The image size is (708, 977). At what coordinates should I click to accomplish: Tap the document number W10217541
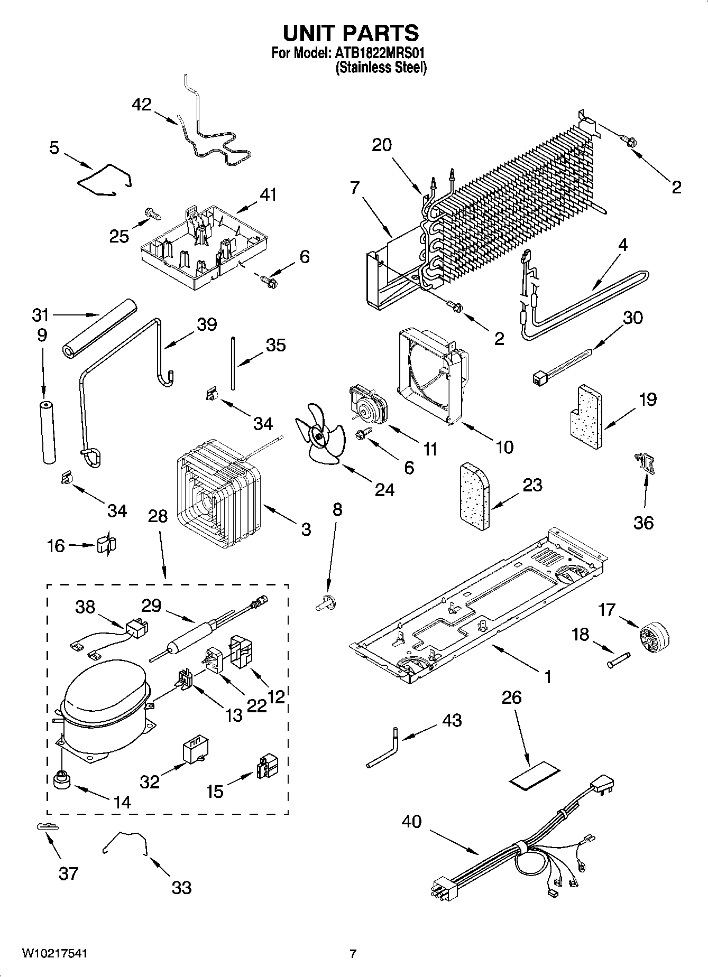(54, 953)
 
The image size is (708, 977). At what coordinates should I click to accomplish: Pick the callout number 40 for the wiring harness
(412, 822)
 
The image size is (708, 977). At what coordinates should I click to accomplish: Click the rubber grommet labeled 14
(62, 778)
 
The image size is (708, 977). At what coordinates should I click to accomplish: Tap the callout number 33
(181, 888)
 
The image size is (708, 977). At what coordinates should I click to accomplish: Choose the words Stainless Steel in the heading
(381, 68)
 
